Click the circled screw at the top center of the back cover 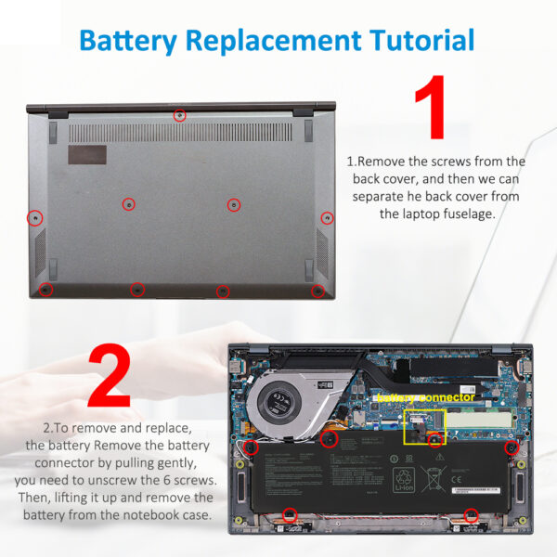pyautogui.click(x=180, y=115)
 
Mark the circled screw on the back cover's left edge pyautogui.click(x=34, y=217)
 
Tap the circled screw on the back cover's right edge pyautogui.click(x=327, y=218)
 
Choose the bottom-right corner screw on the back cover pyautogui.click(x=317, y=291)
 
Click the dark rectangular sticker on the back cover pyautogui.click(x=86, y=154)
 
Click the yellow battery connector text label pyautogui.click(x=424, y=396)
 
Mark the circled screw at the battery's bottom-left pyautogui.click(x=289, y=513)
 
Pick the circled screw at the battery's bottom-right pyautogui.click(x=471, y=513)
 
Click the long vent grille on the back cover pyautogui.click(x=180, y=133)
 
